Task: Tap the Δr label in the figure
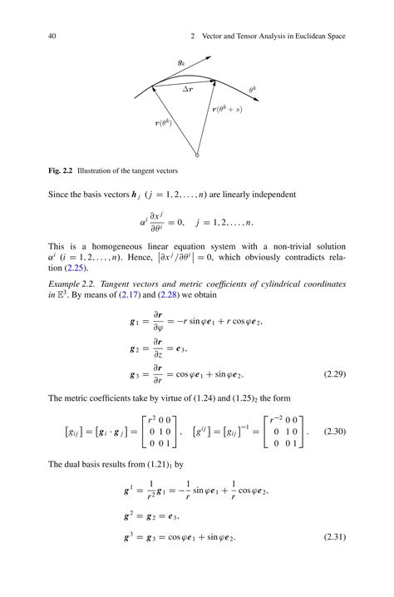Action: click(x=190, y=87)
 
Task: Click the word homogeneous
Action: click(x=109, y=247)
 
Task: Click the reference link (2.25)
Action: click(x=74, y=268)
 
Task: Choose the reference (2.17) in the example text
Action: click(x=130, y=295)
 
